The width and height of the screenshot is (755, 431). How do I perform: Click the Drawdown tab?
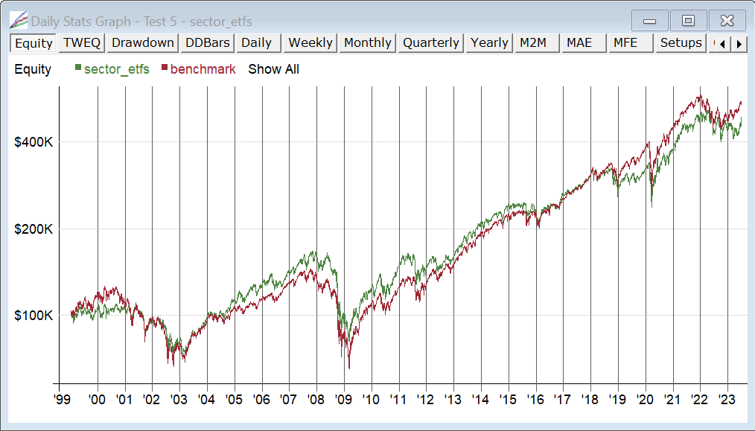click(x=143, y=42)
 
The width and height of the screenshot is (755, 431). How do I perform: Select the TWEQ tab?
click(x=82, y=42)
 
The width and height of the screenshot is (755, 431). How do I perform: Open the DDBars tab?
click(x=208, y=42)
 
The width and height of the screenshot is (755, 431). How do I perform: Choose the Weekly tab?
click(x=310, y=42)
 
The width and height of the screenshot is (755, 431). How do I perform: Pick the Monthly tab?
click(x=368, y=42)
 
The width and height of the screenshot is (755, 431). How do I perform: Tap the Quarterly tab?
click(x=431, y=42)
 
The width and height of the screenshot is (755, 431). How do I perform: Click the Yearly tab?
click(x=489, y=42)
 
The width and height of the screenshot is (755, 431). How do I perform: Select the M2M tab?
click(x=533, y=42)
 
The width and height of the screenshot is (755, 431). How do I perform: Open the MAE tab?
click(x=579, y=42)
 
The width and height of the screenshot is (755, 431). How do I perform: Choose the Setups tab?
click(x=681, y=42)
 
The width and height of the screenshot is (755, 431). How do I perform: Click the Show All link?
click(x=274, y=69)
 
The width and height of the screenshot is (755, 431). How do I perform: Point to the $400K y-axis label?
click(x=33, y=142)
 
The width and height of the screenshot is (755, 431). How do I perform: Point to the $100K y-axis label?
click(x=33, y=316)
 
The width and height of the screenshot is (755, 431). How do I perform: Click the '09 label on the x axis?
click(x=343, y=399)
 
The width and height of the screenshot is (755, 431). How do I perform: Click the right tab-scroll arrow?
click(x=739, y=43)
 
